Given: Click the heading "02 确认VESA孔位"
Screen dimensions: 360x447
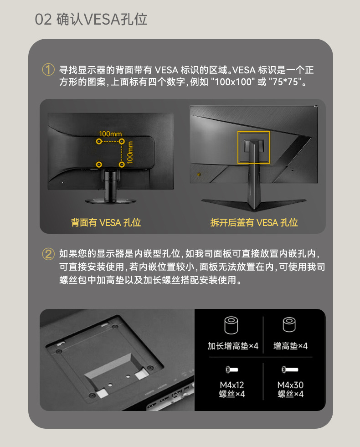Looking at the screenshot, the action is point(91,20).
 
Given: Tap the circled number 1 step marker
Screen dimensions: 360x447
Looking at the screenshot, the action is point(48,70).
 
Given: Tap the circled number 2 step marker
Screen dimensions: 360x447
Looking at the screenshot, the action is point(48,254).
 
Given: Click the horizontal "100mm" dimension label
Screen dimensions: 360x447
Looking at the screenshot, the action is point(110,134).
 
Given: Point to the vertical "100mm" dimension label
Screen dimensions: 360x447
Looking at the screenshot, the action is point(130,153).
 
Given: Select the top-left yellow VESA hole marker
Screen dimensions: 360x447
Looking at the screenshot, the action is point(99,141).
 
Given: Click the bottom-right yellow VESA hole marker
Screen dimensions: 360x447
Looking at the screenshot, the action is point(121,164).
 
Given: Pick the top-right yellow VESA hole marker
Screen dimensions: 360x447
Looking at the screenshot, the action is point(122,141).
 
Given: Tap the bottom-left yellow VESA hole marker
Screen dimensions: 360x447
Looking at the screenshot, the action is point(99,164).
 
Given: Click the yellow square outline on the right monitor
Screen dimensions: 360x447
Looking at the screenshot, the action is point(238,147).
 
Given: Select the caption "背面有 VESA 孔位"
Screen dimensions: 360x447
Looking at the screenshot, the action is point(106,222).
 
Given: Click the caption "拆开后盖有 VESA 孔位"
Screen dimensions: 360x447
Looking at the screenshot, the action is point(254,222).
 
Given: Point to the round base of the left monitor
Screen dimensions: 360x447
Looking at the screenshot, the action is point(111,201).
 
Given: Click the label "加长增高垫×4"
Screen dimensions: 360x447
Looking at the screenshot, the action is point(233,346).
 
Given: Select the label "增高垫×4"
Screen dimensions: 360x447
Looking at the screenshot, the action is point(290,346).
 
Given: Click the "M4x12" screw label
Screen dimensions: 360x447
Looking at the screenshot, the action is point(232,385).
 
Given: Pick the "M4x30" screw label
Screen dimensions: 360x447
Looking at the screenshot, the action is point(290,385).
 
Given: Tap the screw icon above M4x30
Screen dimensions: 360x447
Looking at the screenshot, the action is point(290,370).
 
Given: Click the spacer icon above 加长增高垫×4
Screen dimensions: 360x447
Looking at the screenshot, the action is point(231,325).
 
